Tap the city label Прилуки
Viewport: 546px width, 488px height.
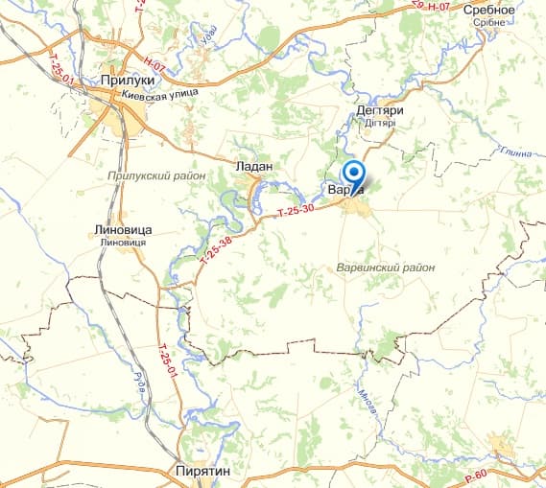pyautogui.click(x=128, y=81)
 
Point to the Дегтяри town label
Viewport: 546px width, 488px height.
pyautogui.click(x=379, y=111)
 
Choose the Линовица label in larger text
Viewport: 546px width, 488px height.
pyautogui.click(x=125, y=230)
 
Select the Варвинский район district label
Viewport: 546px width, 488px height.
pyautogui.click(x=387, y=267)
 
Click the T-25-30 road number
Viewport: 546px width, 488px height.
pyautogui.click(x=295, y=215)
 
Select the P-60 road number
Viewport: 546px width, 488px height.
pyautogui.click(x=476, y=474)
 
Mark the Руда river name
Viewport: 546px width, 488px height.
pyautogui.click(x=140, y=381)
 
